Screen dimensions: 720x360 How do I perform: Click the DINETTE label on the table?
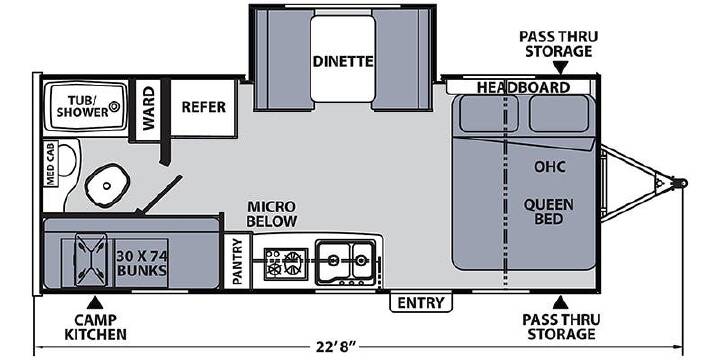(343, 61)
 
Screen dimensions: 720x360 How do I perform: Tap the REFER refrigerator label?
(203, 107)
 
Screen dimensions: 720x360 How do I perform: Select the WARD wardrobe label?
(148, 108)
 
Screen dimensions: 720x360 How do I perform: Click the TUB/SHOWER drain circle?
(114, 107)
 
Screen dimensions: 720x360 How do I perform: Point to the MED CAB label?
(50, 163)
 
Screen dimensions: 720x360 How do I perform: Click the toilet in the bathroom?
(107, 185)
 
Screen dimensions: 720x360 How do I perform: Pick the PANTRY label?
(237, 261)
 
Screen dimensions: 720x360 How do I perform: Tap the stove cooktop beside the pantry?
(286, 263)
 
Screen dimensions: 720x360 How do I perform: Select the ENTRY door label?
(421, 303)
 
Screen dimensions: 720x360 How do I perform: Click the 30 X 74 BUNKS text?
(141, 263)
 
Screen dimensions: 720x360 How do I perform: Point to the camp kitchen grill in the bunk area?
(90, 259)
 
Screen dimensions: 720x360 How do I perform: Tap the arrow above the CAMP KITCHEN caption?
(95, 303)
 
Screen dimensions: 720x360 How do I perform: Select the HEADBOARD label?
(523, 87)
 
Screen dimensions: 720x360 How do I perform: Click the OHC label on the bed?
(549, 167)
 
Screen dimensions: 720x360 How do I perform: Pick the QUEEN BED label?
(549, 211)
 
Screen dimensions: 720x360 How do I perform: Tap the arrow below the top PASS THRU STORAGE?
(559, 68)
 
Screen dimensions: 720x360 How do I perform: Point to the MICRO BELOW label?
(271, 214)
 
